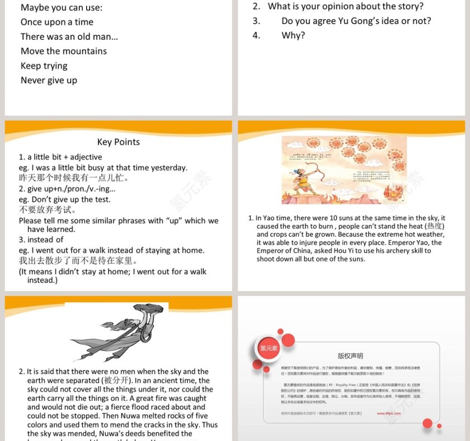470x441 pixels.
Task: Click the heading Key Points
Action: [x=118, y=142]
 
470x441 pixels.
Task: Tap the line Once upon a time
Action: [x=57, y=22]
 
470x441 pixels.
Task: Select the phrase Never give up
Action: [x=49, y=80]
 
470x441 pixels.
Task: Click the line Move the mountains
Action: [x=64, y=51]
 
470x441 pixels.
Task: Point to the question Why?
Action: [x=293, y=35]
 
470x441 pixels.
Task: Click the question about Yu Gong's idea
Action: [x=356, y=21]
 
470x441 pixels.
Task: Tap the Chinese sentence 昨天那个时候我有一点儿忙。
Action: [x=74, y=178]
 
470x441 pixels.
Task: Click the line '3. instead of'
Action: [x=41, y=240]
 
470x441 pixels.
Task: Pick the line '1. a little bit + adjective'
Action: [x=60, y=157]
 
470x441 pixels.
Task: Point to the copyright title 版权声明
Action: [x=350, y=355]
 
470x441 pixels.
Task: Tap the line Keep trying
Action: [x=44, y=65]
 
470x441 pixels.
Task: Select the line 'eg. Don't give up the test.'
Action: [x=65, y=199]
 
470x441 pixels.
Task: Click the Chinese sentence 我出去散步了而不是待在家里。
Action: [x=78, y=261]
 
